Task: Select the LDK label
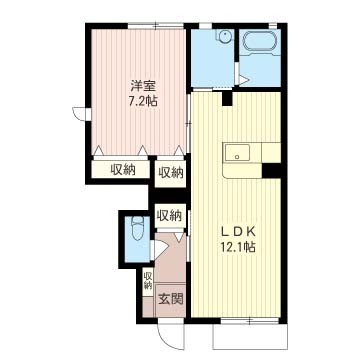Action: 235,229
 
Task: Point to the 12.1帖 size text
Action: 235,245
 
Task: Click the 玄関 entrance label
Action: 168,298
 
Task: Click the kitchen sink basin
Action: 237,153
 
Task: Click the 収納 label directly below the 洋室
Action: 124,169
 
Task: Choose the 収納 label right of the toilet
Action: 169,215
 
